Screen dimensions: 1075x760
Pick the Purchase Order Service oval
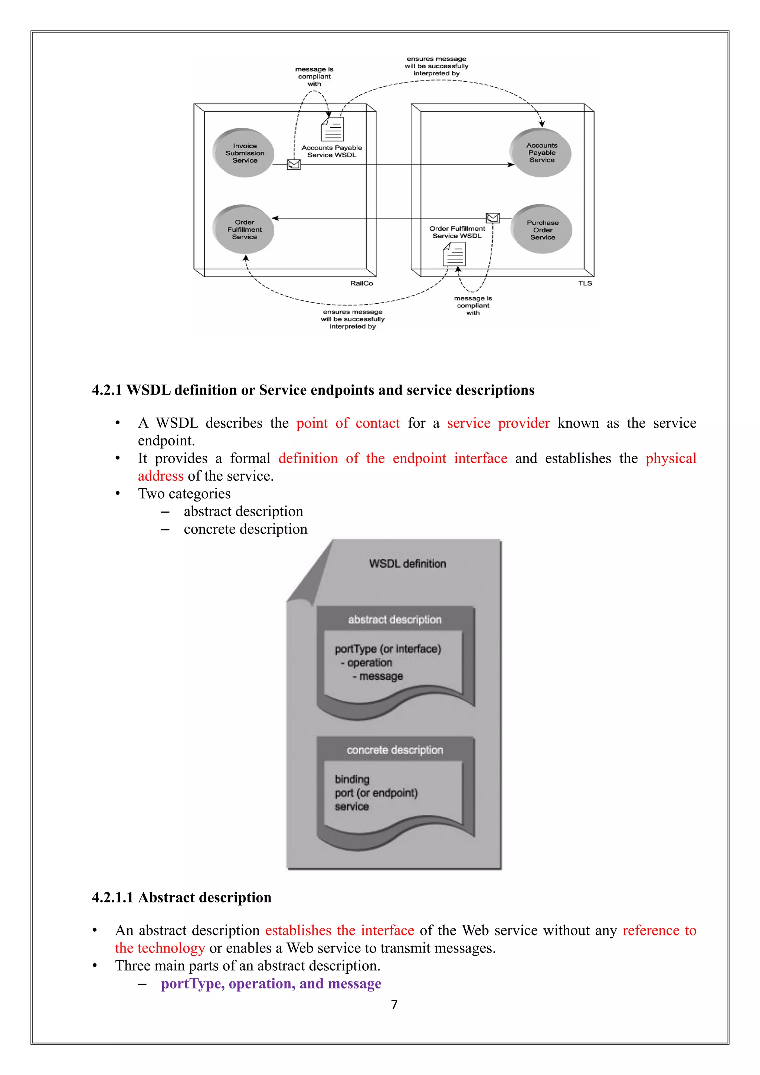[x=541, y=229]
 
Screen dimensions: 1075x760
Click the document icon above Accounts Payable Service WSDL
[x=332, y=129]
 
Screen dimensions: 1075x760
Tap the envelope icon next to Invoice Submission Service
[x=294, y=164]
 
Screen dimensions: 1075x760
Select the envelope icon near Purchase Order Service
[x=492, y=218]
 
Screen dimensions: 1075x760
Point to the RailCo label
[x=361, y=283]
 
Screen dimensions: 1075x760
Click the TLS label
[x=584, y=283]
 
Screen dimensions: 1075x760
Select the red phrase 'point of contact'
[x=348, y=423]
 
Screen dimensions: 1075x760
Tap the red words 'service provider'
[x=498, y=423]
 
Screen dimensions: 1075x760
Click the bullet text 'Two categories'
[x=184, y=493]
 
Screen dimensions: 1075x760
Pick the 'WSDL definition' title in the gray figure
[x=407, y=564]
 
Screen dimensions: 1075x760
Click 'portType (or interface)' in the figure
[x=387, y=649]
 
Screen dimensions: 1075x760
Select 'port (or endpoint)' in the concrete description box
[x=376, y=793]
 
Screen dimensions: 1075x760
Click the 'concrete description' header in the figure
[x=394, y=750]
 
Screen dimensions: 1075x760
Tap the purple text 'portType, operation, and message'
[x=271, y=984]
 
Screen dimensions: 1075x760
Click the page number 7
[x=394, y=1005]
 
